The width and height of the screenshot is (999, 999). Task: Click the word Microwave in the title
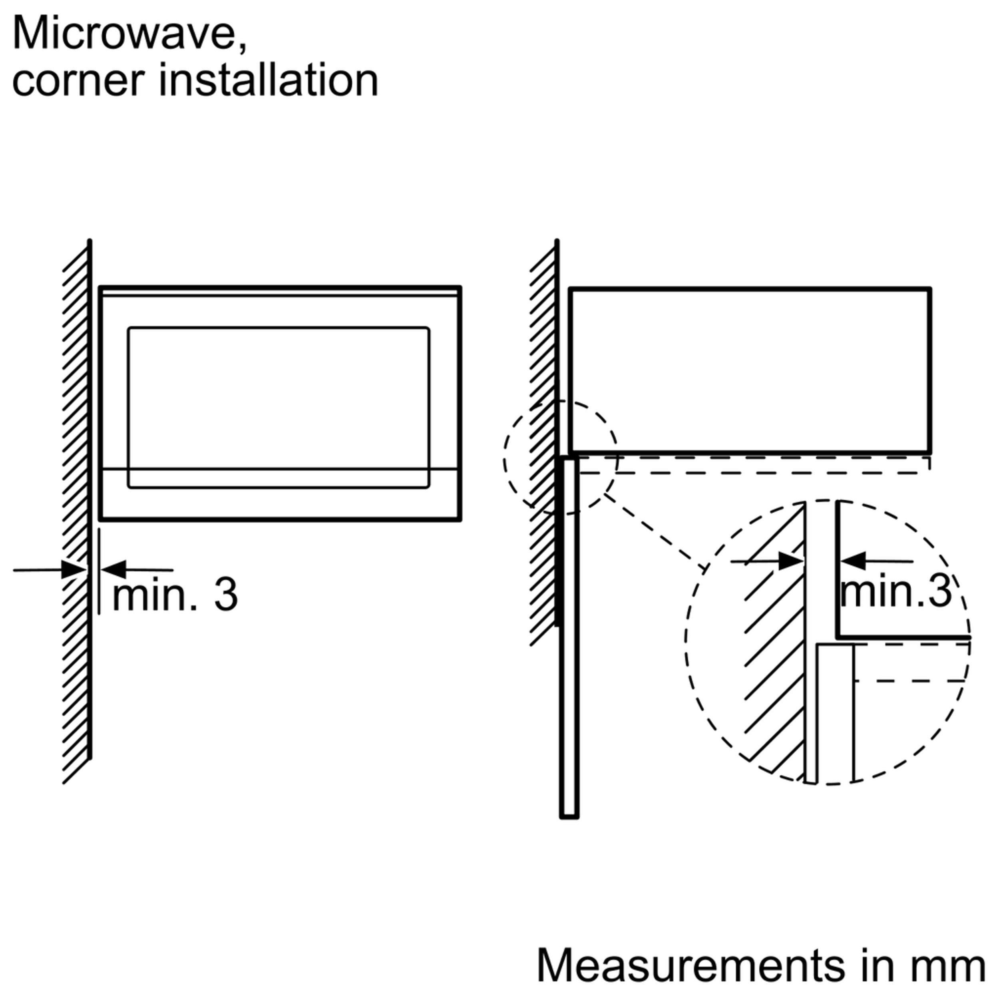(129, 34)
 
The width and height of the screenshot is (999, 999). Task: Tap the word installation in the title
(269, 81)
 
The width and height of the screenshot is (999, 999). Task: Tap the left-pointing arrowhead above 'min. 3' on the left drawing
(114, 569)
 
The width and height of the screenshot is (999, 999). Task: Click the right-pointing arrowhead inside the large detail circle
(790, 561)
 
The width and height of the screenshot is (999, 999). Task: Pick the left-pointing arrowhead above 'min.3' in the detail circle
(854, 561)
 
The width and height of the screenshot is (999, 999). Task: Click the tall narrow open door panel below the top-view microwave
(569, 672)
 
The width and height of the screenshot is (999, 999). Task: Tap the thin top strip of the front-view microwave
(279, 292)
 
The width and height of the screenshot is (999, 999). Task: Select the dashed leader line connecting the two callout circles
(654, 533)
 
